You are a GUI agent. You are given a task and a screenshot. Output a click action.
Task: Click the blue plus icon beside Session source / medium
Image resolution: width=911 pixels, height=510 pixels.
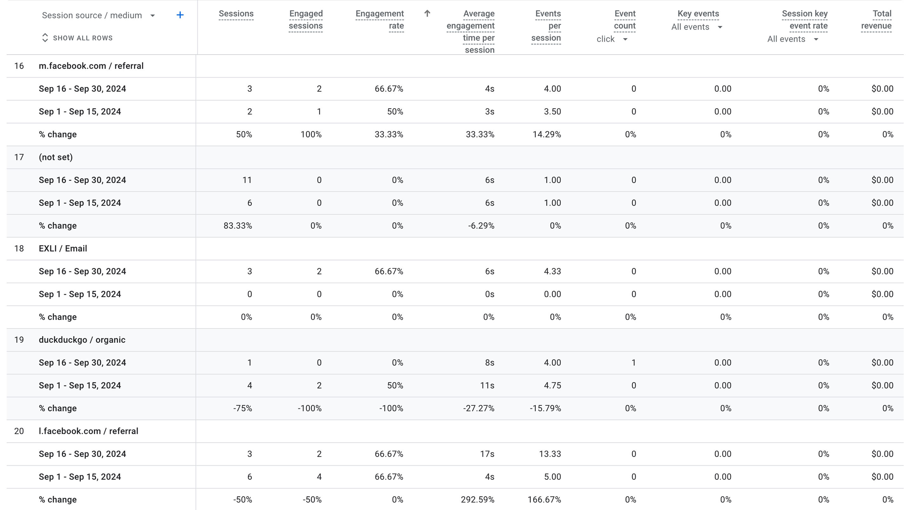click(180, 15)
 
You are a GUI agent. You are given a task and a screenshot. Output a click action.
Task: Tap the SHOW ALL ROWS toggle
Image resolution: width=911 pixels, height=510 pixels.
click(77, 38)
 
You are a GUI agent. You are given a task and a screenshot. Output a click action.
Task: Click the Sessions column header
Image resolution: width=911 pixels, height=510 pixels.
click(236, 14)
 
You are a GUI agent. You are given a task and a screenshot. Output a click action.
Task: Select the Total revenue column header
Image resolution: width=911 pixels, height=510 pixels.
click(876, 20)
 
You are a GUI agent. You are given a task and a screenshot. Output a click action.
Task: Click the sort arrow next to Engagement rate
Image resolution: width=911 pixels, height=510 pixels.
click(427, 14)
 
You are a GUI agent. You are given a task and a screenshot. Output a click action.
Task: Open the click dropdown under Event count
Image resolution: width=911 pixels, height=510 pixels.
click(612, 39)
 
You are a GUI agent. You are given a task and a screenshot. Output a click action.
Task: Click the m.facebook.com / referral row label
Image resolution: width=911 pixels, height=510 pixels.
click(91, 66)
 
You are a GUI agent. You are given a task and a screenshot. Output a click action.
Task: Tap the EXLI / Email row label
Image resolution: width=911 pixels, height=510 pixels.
click(63, 248)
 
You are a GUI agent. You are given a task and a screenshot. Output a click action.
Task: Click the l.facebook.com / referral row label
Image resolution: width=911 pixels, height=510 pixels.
click(88, 431)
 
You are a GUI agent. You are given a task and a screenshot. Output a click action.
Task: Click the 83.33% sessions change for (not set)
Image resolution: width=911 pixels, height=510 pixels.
click(238, 226)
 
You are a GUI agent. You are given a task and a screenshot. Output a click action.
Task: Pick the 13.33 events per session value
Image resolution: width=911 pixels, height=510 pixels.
click(550, 454)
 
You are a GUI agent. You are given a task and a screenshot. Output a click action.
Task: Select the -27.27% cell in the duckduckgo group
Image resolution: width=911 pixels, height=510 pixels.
click(479, 408)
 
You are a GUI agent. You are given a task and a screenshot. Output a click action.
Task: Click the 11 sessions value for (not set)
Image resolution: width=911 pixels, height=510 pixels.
click(247, 180)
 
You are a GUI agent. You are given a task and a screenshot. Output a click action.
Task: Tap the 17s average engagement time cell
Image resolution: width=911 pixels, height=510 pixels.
click(487, 454)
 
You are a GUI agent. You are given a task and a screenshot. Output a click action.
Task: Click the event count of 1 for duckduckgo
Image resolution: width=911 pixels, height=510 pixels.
click(633, 363)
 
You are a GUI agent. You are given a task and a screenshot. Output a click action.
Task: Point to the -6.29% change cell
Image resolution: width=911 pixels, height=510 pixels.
click(481, 226)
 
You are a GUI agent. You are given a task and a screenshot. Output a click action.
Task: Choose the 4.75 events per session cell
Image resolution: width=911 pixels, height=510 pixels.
click(552, 386)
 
